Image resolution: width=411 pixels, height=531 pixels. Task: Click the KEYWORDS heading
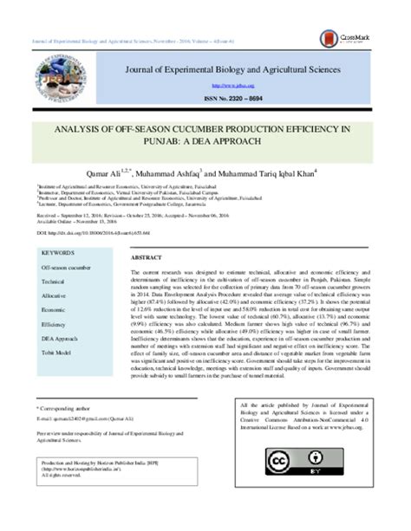pyautogui.click(x=58, y=253)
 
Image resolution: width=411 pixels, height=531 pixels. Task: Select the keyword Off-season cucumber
pyautogui.click(x=67, y=269)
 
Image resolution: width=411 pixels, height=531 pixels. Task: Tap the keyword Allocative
pyautogui.click(x=55, y=295)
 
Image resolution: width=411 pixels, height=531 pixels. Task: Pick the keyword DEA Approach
pyautogui.click(x=60, y=339)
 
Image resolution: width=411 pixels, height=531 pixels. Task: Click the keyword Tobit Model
pyautogui.click(x=57, y=353)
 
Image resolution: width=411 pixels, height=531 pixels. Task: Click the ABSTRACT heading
pyautogui.click(x=146, y=258)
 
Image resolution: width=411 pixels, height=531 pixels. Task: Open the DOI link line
pyautogui.click(x=92, y=234)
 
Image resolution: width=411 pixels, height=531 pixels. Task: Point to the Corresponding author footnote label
pyautogui.click(x=66, y=407)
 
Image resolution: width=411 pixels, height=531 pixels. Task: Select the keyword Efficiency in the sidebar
pyautogui.click(x=54, y=324)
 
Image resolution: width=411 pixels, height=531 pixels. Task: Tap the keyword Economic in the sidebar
pyautogui.click(x=54, y=309)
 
